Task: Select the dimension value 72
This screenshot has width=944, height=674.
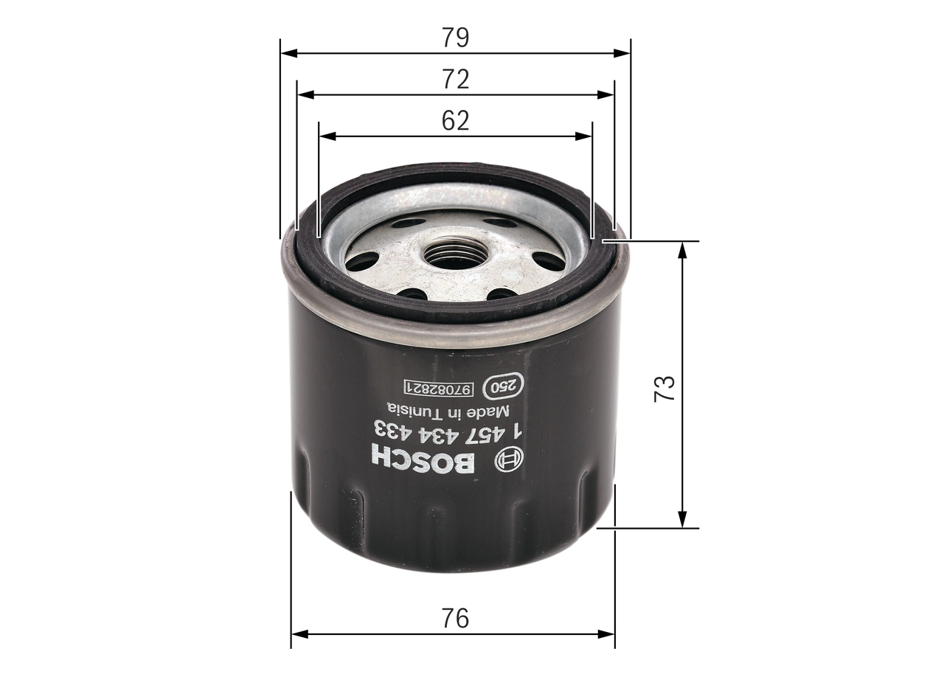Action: click(456, 80)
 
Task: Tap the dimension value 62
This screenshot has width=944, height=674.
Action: click(456, 121)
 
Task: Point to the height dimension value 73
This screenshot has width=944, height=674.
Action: click(665, 387)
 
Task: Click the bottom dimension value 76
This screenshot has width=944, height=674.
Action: click(456, 618)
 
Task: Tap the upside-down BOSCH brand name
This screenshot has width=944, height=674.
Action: click(423, 459)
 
